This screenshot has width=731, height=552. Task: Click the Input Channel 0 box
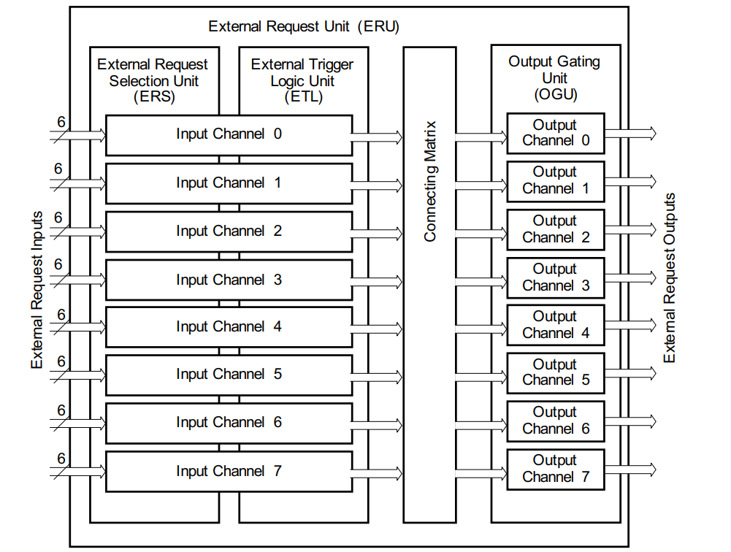229,134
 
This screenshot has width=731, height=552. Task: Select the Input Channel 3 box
229,280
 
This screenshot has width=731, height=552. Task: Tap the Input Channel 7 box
229,471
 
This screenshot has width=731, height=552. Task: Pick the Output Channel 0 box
555,133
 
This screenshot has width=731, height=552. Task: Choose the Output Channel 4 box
555,325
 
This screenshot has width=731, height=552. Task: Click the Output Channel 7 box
555,469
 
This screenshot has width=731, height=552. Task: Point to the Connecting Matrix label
430,181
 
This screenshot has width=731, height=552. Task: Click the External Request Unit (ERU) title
304,27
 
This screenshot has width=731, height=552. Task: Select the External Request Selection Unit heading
153,80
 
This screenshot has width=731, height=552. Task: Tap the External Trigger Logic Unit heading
302,80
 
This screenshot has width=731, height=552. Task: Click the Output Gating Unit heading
554,77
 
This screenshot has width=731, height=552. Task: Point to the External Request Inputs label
37,290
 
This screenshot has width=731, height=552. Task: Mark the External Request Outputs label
670,278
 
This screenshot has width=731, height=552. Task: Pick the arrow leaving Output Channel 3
630,278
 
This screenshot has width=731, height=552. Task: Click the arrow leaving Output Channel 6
630,421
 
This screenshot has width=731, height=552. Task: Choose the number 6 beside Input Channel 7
61,459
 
